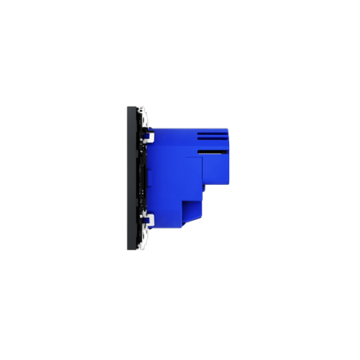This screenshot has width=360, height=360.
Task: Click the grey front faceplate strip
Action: click(130, 180)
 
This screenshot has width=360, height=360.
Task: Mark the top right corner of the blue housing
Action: click(229, 129)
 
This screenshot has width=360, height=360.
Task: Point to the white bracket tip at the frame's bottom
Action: click(143, 248)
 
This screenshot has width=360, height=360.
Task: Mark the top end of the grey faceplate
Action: click(130, 107)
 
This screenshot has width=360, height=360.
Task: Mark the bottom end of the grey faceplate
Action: click(130, 251)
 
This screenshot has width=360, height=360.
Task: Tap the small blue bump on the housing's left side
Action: click(150, 178)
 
